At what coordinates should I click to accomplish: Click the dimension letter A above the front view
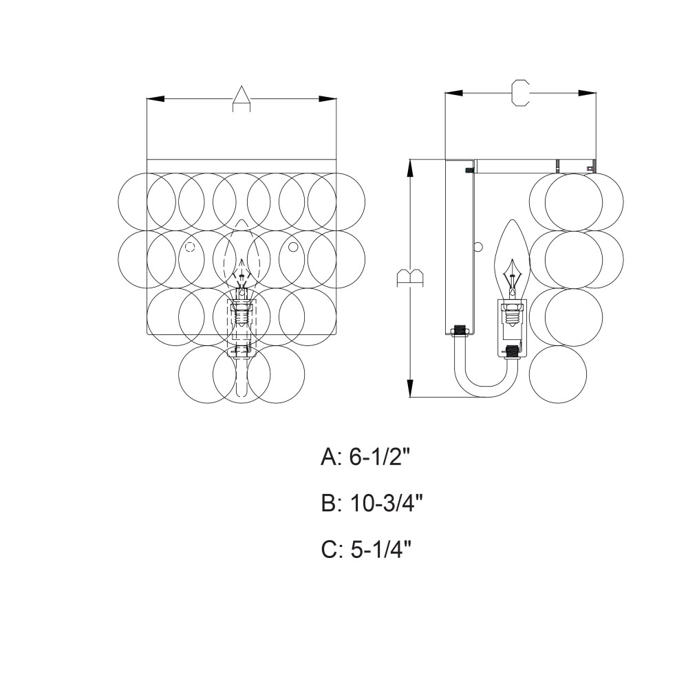tap(241, 100)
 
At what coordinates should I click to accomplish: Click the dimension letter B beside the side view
tap(410, 278)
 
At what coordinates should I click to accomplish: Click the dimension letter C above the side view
tap(521, 93)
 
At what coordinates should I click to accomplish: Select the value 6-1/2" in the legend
tap(380, 458)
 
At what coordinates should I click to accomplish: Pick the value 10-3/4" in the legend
tap(387, 504)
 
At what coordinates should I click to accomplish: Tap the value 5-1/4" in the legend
tap(381, 549)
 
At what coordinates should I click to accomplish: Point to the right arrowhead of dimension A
tap(327, 99)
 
